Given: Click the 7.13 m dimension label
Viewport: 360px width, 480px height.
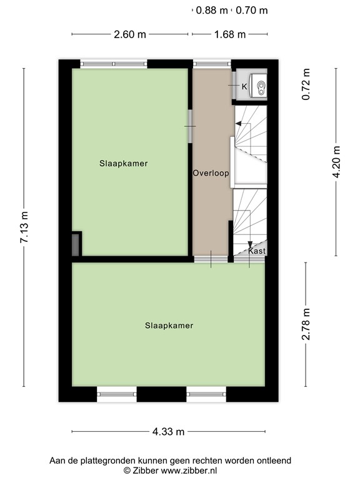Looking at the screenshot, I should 24,228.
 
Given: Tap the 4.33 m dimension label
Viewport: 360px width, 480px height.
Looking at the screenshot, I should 168,431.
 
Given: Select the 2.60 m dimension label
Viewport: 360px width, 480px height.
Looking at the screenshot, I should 130,34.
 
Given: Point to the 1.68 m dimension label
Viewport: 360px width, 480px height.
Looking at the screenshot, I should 230,34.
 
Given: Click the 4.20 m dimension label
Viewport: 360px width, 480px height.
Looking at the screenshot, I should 337,162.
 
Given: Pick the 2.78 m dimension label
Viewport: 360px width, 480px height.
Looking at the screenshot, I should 306,325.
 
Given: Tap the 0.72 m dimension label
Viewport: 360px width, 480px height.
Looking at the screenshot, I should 306,87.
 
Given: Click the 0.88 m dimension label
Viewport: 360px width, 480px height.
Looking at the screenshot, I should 212,10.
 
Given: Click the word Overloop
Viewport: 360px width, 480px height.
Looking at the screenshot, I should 211,173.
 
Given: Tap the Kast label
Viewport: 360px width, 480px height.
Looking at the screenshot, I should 257,251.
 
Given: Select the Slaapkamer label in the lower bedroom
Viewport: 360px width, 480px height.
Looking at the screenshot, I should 169,326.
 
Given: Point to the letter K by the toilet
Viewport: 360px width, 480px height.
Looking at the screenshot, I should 244,86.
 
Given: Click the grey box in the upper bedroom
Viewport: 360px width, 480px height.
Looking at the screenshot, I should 76,244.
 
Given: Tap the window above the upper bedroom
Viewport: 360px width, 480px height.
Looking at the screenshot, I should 114,63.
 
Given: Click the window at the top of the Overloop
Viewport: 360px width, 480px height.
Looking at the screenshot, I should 212,63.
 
